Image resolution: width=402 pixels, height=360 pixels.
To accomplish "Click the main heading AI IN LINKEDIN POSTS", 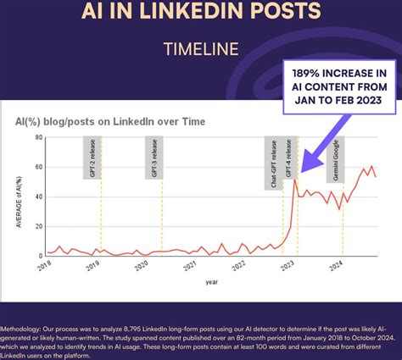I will coord(201,12).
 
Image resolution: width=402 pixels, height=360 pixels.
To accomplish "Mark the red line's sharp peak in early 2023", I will coord(294,179).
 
